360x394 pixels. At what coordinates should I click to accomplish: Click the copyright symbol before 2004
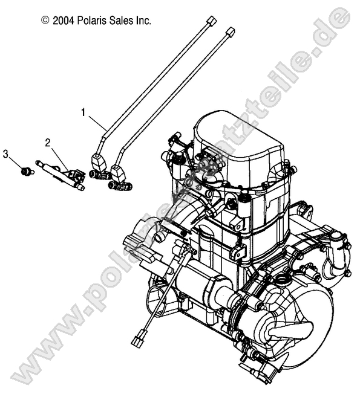45,21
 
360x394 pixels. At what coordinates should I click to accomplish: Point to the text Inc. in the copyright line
144,21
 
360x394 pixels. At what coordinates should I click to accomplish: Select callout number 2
46,143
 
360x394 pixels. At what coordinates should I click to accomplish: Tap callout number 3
7,154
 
